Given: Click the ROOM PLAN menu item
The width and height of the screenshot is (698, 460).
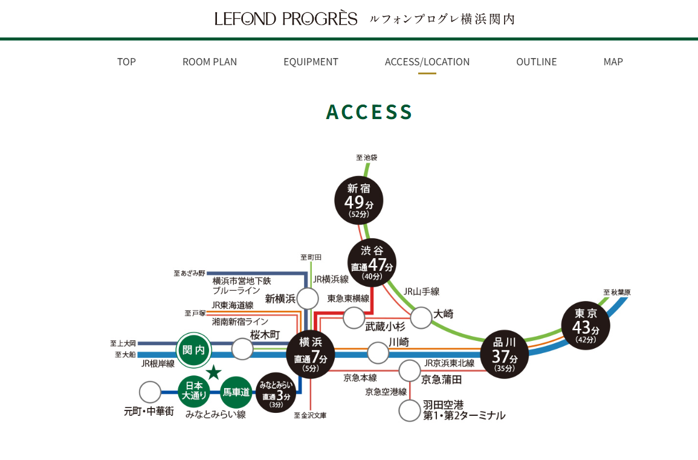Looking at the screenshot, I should click(210, 62).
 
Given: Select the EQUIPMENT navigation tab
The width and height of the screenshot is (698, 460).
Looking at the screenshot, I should click(311, 62).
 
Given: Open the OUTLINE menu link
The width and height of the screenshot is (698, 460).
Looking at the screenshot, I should click(537, 62).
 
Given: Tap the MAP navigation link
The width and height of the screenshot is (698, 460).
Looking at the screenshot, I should click(613, 62).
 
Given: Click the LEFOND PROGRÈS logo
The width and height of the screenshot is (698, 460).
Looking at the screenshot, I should click(286, 19).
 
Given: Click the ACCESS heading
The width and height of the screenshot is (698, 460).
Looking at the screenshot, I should click(369, 112).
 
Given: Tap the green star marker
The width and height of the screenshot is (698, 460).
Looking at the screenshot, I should click(214, 372).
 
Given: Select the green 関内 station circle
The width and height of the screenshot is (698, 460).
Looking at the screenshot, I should click(194, 350).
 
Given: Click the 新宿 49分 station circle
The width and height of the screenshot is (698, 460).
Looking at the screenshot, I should click(359, 200).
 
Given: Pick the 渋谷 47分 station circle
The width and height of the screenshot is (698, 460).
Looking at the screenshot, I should click(372, 263).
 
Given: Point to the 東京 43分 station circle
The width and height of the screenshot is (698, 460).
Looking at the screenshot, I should click(586, 326).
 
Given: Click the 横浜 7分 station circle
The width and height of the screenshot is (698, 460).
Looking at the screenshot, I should click(311, 353).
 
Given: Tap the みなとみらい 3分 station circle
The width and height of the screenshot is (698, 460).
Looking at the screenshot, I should click(276, 392).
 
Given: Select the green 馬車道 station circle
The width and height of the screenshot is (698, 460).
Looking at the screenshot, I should click(236, 392).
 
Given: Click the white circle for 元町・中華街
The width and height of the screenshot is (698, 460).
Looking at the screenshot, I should click(150, 392).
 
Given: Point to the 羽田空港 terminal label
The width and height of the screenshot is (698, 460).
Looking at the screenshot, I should click(464, 410).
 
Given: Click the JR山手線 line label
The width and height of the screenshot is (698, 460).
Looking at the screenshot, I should click(422, 291).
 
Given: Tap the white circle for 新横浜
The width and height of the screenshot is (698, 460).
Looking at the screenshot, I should click(308, 299).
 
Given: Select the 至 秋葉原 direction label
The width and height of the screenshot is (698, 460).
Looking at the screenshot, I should click(616, 293).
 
